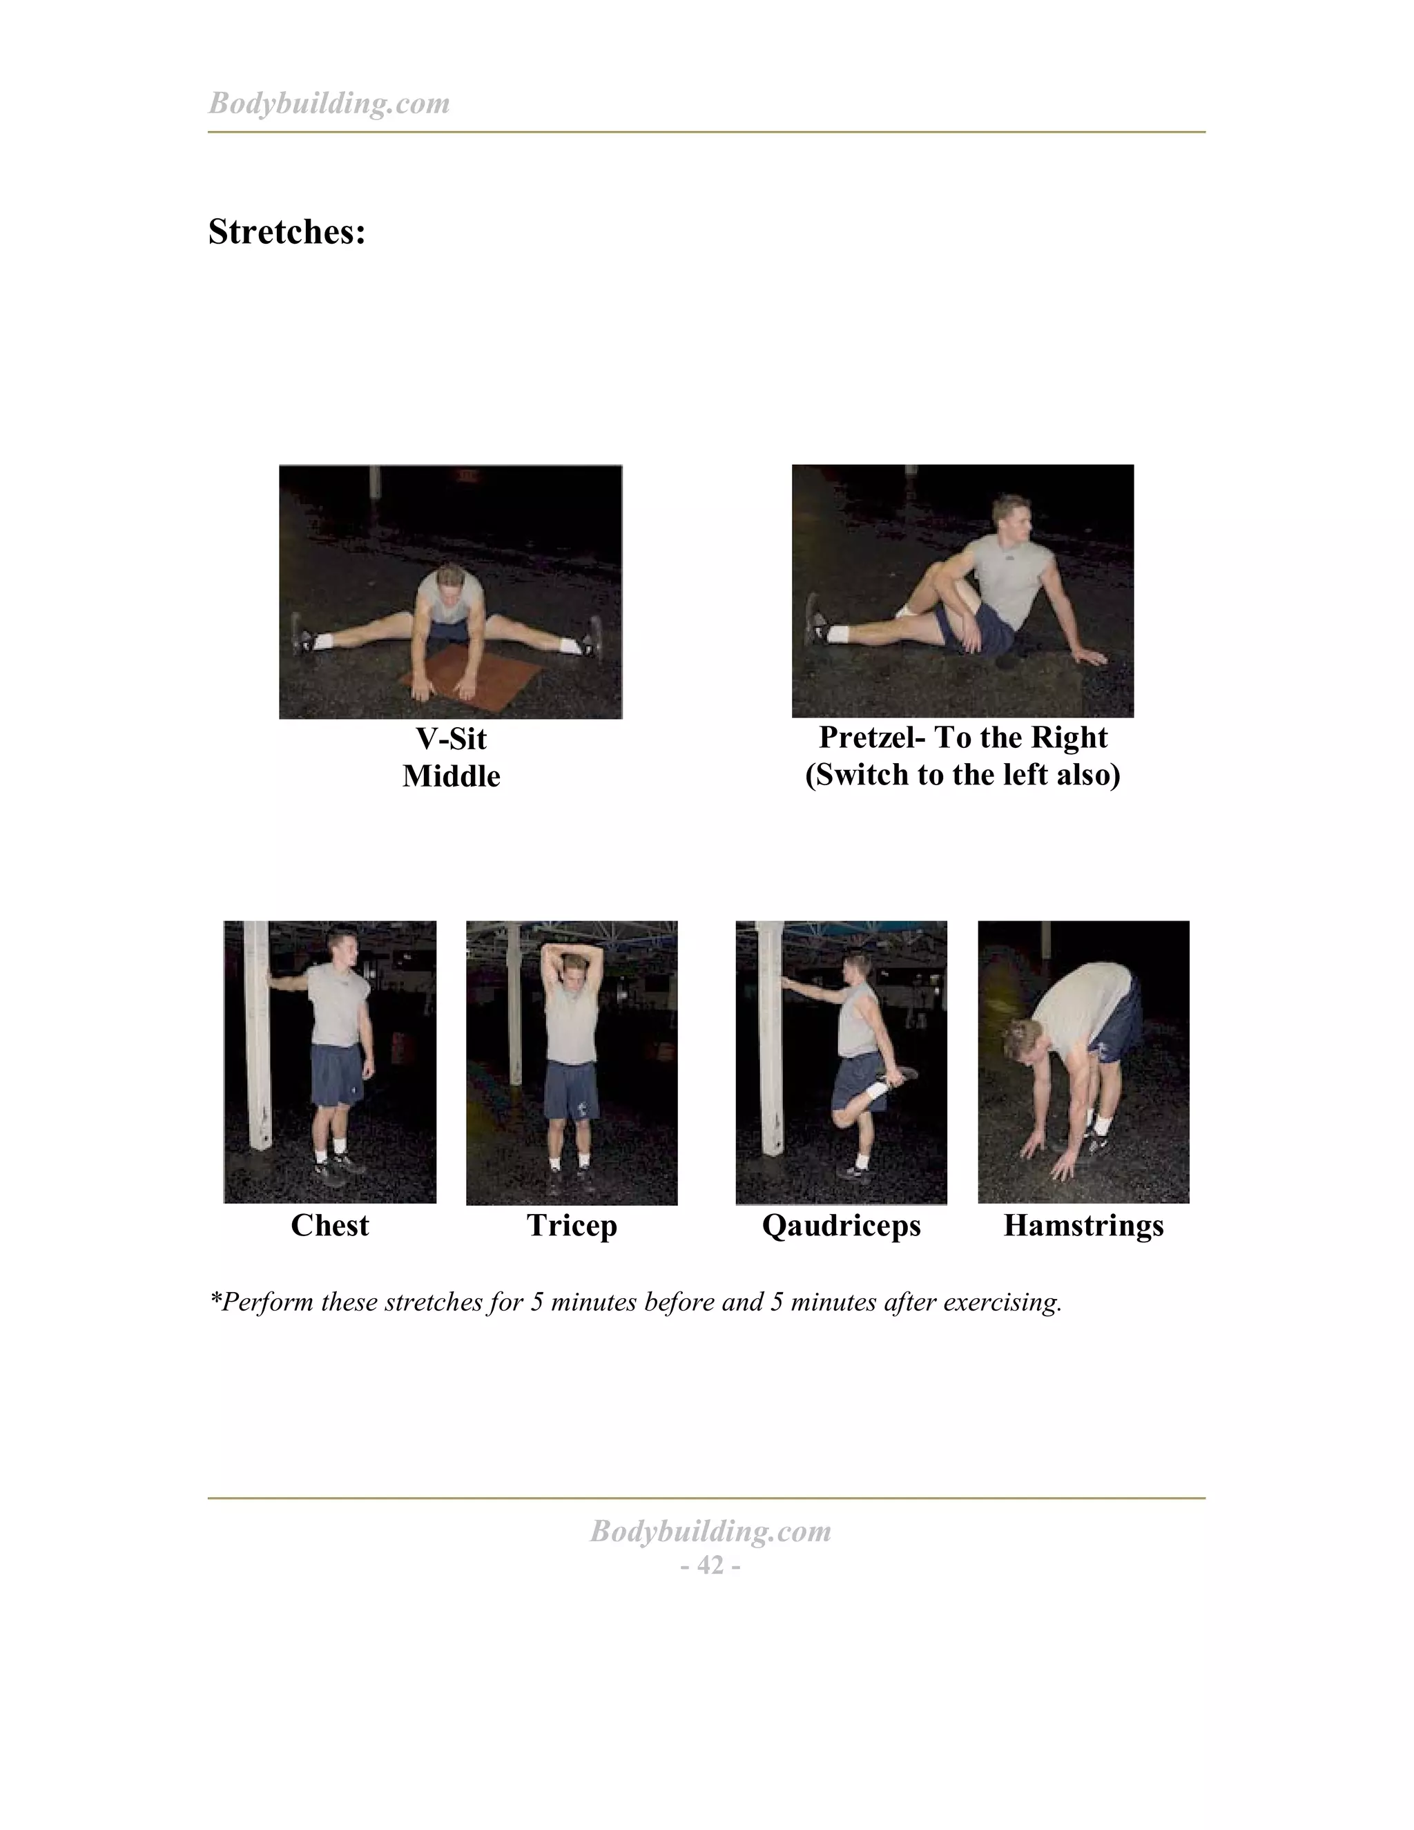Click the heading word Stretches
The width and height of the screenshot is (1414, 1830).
287,232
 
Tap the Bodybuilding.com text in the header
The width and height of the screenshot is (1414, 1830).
329,103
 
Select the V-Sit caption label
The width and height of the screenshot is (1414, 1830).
451,739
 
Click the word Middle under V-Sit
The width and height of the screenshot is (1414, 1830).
451,777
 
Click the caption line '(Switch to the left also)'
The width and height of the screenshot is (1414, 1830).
962,775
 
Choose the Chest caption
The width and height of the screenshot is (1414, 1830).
329,1225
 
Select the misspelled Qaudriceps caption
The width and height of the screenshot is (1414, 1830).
841,1225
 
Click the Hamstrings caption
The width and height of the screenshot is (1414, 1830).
1083,1225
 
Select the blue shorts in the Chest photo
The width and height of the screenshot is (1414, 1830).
338,1075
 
